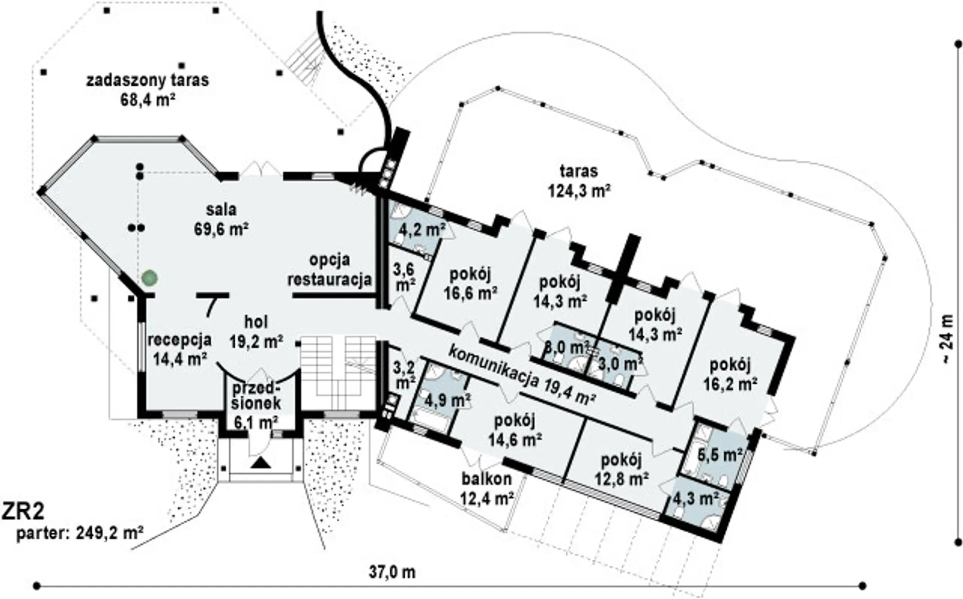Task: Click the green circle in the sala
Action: pos(149,277)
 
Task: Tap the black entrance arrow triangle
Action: pos(260,463)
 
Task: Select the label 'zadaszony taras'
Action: pos(147,80)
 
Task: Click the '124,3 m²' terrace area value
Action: pos(578,192)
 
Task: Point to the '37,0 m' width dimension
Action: pos(392,571)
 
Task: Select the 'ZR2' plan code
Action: pos(24,512)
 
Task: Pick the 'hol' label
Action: pos(256,322)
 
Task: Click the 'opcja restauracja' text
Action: pos(330,270)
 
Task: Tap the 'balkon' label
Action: pos(487,479)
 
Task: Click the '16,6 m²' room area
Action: pos(470,292)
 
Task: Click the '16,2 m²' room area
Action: pos(730,384)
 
